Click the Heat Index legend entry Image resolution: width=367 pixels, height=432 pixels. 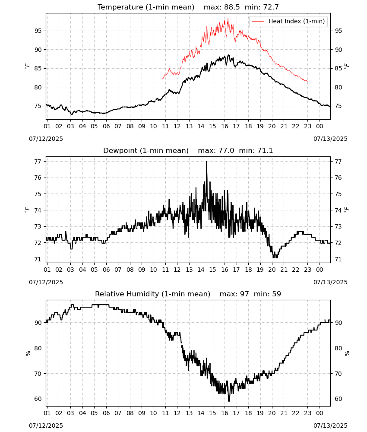[x=288, y=21]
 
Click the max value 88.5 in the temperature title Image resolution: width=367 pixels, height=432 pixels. [x=231, y=7]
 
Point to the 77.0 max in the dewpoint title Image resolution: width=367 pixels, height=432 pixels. [x=226, y=150]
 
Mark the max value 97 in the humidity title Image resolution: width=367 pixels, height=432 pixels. [x=244, y=294]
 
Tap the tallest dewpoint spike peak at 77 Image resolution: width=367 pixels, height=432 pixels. [x=206, y=162]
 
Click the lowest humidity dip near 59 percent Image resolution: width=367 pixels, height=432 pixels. [x=229, y=400]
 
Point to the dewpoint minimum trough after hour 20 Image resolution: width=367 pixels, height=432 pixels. [x=275, y=257]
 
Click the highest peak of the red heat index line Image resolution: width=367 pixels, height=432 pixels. [x=228, y=19]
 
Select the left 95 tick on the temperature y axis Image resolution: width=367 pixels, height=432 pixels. [x=38, y=31]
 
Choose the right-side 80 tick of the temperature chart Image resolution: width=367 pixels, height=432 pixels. [x=339, y=87]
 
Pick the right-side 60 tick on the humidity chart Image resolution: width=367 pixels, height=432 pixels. [x=339, y=399]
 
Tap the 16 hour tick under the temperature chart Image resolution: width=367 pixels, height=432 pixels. [x=225, y=126]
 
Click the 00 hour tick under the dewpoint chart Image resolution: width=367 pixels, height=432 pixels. [x=320, y=270]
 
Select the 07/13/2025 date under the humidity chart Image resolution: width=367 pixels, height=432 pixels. [x=330, y=426]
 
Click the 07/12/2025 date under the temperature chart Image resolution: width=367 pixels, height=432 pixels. [x=46, y=139]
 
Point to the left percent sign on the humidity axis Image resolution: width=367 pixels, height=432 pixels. [x=28, y=353]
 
